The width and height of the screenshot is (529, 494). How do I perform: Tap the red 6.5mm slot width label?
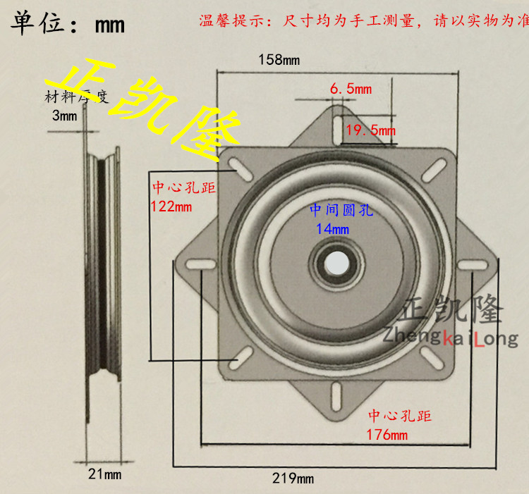coord(351,89)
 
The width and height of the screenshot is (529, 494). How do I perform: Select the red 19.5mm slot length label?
coord(370,130)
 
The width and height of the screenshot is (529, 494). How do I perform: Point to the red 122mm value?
coord(171,207)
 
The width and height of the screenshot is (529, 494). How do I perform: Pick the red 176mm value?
coord(387,434)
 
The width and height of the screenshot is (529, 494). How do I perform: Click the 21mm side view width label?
coord(104,474)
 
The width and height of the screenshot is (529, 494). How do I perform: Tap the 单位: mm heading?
coord(67,25)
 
